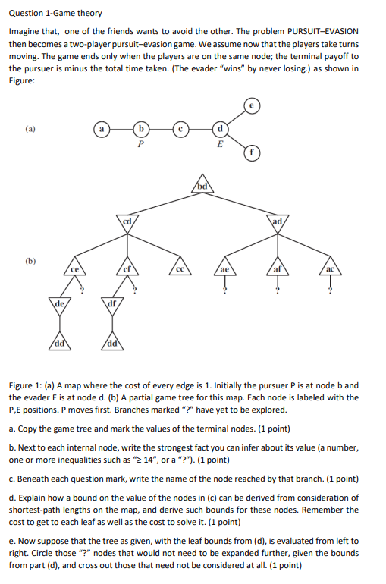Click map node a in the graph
[x=100, y=130]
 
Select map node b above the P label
[x=140, y=130]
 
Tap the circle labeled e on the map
[x=252, y=105]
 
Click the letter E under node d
[x=220, y=145]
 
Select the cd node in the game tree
[x=128, y=221]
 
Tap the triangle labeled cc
[x=180, y=268]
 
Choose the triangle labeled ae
[x=224, y=268]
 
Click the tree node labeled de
[x=59, y=304]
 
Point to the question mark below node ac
[x=328, y=290]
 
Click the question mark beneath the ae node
[x=224, y=290]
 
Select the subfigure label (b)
[x=30, y=259]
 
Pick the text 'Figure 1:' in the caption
[x=27, y=385]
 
